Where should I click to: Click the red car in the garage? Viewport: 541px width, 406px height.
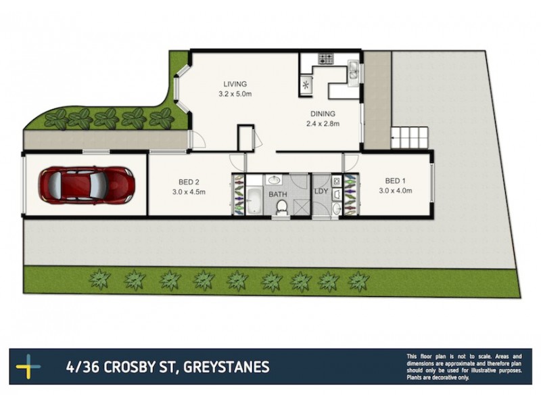tap(86, 184)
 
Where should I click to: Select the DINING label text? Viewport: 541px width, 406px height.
tap(323, 114)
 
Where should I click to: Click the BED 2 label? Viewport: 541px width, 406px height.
tap(188, 181)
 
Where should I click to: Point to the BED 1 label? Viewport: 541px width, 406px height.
tap(395, 181)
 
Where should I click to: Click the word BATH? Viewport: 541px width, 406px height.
tap(277, 195)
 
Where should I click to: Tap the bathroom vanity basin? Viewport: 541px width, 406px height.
tap(275, 180)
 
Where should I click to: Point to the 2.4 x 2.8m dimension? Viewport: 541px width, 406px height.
tap(323, 124)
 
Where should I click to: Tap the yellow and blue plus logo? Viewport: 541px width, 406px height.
tap(28, 367)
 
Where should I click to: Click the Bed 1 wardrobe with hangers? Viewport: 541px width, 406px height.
tap(350, 194)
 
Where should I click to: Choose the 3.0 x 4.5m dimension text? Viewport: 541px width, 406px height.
tap(188, 191)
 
